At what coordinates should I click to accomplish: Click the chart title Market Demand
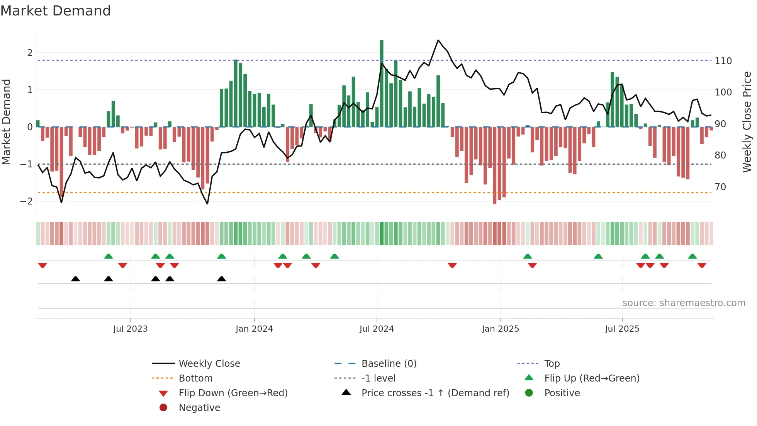tap(56, 11)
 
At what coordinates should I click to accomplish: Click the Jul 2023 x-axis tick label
tap(131, 329)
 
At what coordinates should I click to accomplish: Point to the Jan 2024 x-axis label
tap(254, 329)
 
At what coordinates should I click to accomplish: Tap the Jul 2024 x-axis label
tap(377, 329)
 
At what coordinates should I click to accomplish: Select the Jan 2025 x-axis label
tap(501, 329)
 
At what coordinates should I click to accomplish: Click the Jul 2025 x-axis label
tap(622, 329)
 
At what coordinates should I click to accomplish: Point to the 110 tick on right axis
tap(723, 61)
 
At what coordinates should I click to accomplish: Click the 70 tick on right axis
tap(720, 187)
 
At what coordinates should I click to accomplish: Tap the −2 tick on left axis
tap(27, 201)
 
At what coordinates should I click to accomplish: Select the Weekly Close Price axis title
tap(747, 122)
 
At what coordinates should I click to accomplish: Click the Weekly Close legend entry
tap(209, 364)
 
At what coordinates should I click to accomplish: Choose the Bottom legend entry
tap(195, 378)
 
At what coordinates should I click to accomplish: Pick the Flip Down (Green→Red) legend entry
tap(233, 393)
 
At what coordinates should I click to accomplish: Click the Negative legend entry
tap(199, 408)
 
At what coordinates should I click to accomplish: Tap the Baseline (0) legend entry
tap(389, 364)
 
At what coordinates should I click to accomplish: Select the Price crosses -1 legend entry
tap(435, 393)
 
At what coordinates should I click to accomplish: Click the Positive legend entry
tap(562, 393)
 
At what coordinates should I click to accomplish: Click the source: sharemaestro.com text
tap(684, 303)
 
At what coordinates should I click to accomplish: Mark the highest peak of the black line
tap(438, 40)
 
